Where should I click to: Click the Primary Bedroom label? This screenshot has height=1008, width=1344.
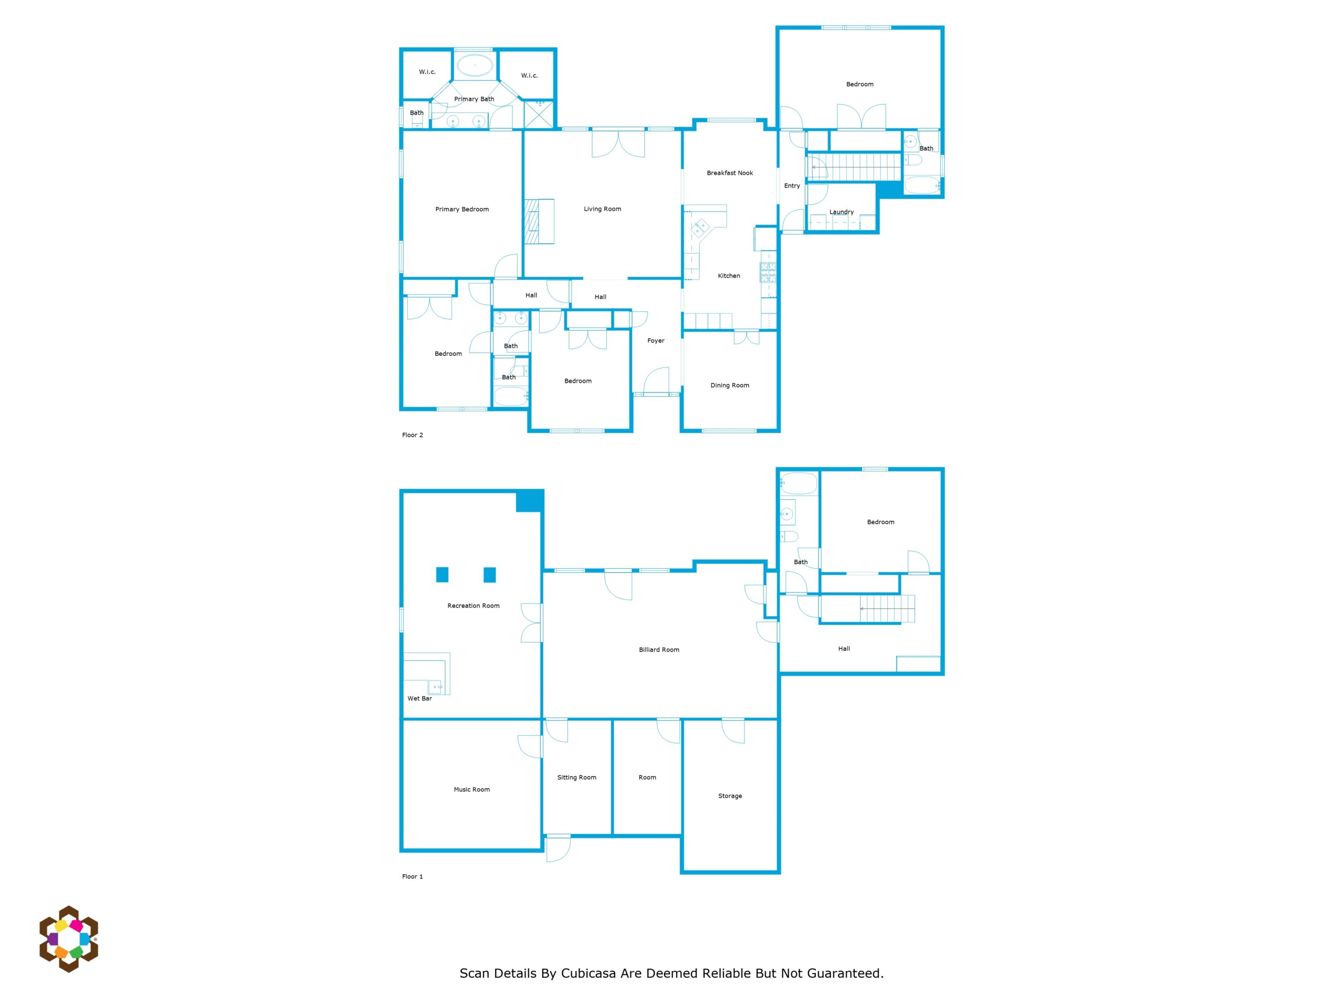coord(462,209)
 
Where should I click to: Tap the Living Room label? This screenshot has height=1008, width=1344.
coord(602,209)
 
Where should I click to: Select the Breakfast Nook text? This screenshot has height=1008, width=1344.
coord(730,173)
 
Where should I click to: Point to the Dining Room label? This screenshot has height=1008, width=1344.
coord(730,385)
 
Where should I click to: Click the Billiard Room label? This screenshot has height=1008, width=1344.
coord(659,649)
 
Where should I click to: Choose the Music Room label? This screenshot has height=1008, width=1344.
coord(471,789)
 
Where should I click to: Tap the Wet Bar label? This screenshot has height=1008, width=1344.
coord(419,698)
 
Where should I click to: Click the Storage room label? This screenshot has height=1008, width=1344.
coord(730,796)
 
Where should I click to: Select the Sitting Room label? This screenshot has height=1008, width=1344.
coord(576,777)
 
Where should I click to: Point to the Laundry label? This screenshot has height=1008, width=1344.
coord(842,212)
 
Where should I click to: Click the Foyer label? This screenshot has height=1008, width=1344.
coord(656,341)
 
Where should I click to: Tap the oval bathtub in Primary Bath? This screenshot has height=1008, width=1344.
coord(475,65)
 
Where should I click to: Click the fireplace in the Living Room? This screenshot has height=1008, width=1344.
coord(539,221)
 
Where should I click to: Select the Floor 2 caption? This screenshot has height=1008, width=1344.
coord(412,435)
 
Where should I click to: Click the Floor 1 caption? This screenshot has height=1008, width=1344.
coord(412,876)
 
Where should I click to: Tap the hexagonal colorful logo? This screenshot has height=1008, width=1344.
coord(69,939)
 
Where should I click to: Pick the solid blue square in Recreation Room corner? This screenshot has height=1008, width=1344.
coord(529,501)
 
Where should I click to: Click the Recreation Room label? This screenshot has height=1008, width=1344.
coord(474,606)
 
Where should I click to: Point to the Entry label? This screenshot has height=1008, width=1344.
coord(792,186)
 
